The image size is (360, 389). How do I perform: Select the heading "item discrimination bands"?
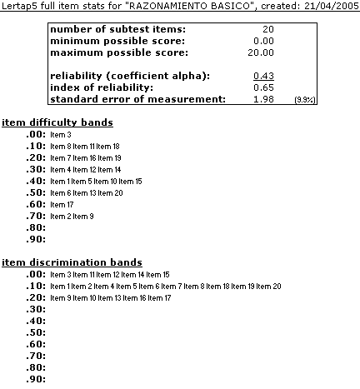[72, 262]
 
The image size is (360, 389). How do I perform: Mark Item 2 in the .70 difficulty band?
[60, 215]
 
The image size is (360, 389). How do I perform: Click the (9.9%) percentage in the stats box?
[304, 101]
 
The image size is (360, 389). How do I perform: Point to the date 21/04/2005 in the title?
[331, 7]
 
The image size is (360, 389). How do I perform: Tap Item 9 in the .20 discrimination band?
[60, 297]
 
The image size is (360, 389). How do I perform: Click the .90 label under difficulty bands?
[35, 239]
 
